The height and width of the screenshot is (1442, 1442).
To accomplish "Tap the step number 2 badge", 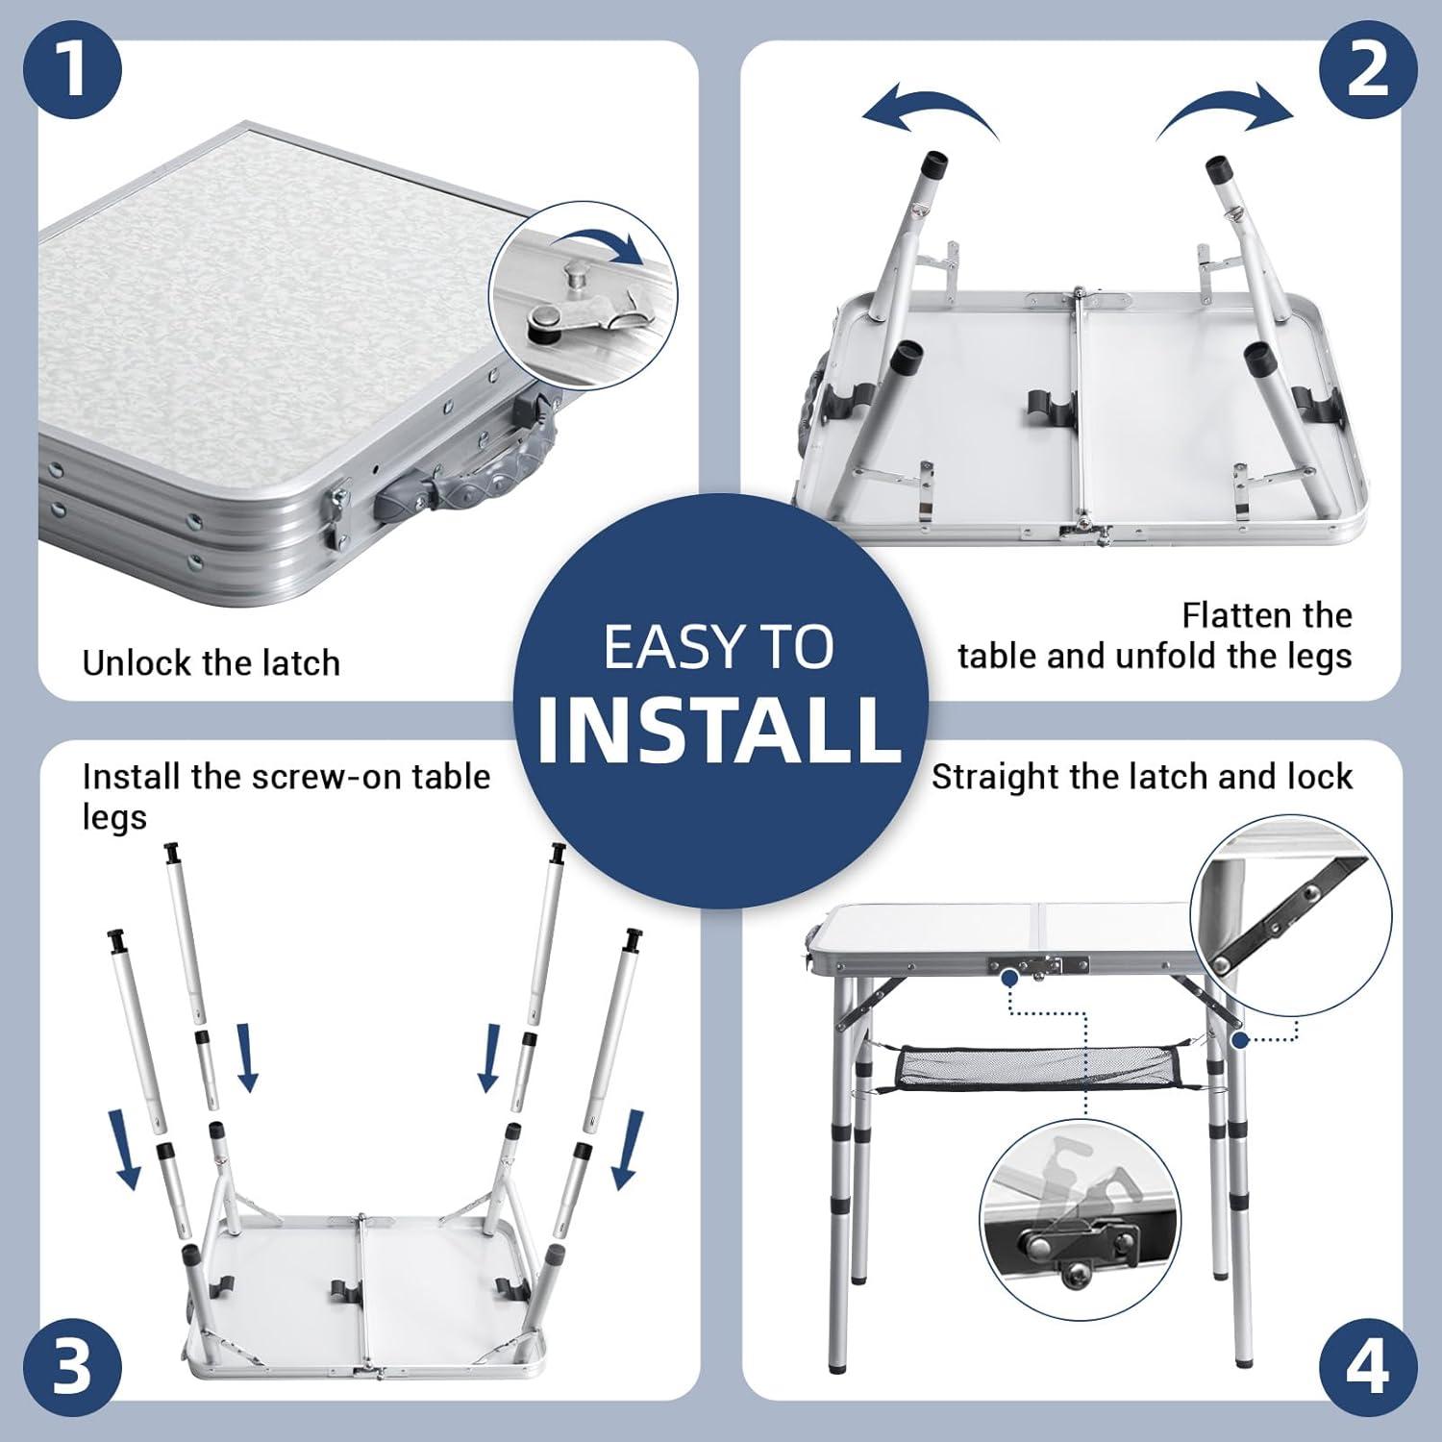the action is [x=1368, y=69].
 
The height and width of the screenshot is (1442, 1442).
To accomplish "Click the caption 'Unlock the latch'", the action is [x=211, y=663].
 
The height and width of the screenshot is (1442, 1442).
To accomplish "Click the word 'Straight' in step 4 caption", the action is [x=993, y=778].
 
